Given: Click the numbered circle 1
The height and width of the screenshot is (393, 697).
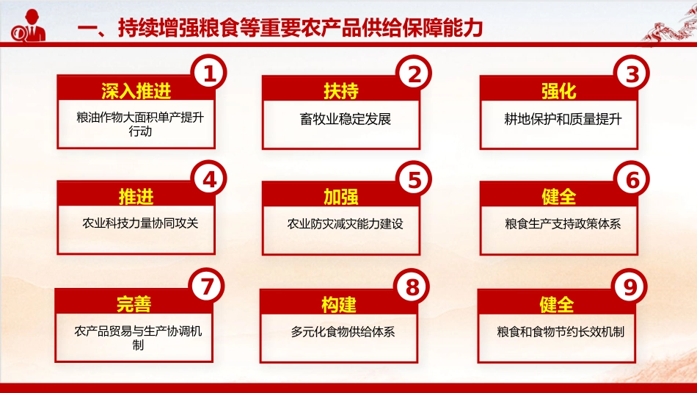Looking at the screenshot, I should [x=209, y=74].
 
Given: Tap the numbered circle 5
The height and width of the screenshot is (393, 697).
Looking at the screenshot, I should [x=414, y=180].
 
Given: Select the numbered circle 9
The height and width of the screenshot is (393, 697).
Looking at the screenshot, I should [x=630, y=288].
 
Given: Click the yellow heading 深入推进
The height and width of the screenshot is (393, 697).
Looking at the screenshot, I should [x=136, y=90].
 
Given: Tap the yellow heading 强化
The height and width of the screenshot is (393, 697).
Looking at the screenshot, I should [x=559, y=90].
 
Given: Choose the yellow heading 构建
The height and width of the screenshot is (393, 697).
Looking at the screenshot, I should [x=339, y=304].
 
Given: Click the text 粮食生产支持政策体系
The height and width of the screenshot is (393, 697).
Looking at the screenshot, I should [x=563, y=223].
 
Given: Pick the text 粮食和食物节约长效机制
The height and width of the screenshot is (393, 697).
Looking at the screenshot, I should [x=561, y=331].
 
